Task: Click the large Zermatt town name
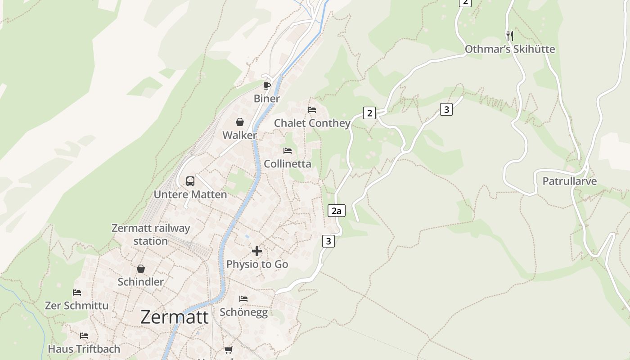175,317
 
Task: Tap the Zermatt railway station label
151,234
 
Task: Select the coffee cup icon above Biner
267,85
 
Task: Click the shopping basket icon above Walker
240,122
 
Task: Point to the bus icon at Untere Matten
190,181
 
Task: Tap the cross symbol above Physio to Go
257,251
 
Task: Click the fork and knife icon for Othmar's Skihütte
509,36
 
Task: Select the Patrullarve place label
569,181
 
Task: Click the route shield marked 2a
336,211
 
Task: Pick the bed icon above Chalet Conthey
312,110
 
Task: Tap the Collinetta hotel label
288,164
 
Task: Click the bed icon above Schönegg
243,299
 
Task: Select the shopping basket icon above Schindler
141,269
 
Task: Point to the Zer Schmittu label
76,306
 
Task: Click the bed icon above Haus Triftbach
84,336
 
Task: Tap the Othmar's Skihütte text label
510,49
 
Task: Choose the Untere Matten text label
190,194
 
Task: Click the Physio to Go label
257,264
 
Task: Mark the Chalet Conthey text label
312,123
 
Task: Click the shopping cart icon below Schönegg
229,350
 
